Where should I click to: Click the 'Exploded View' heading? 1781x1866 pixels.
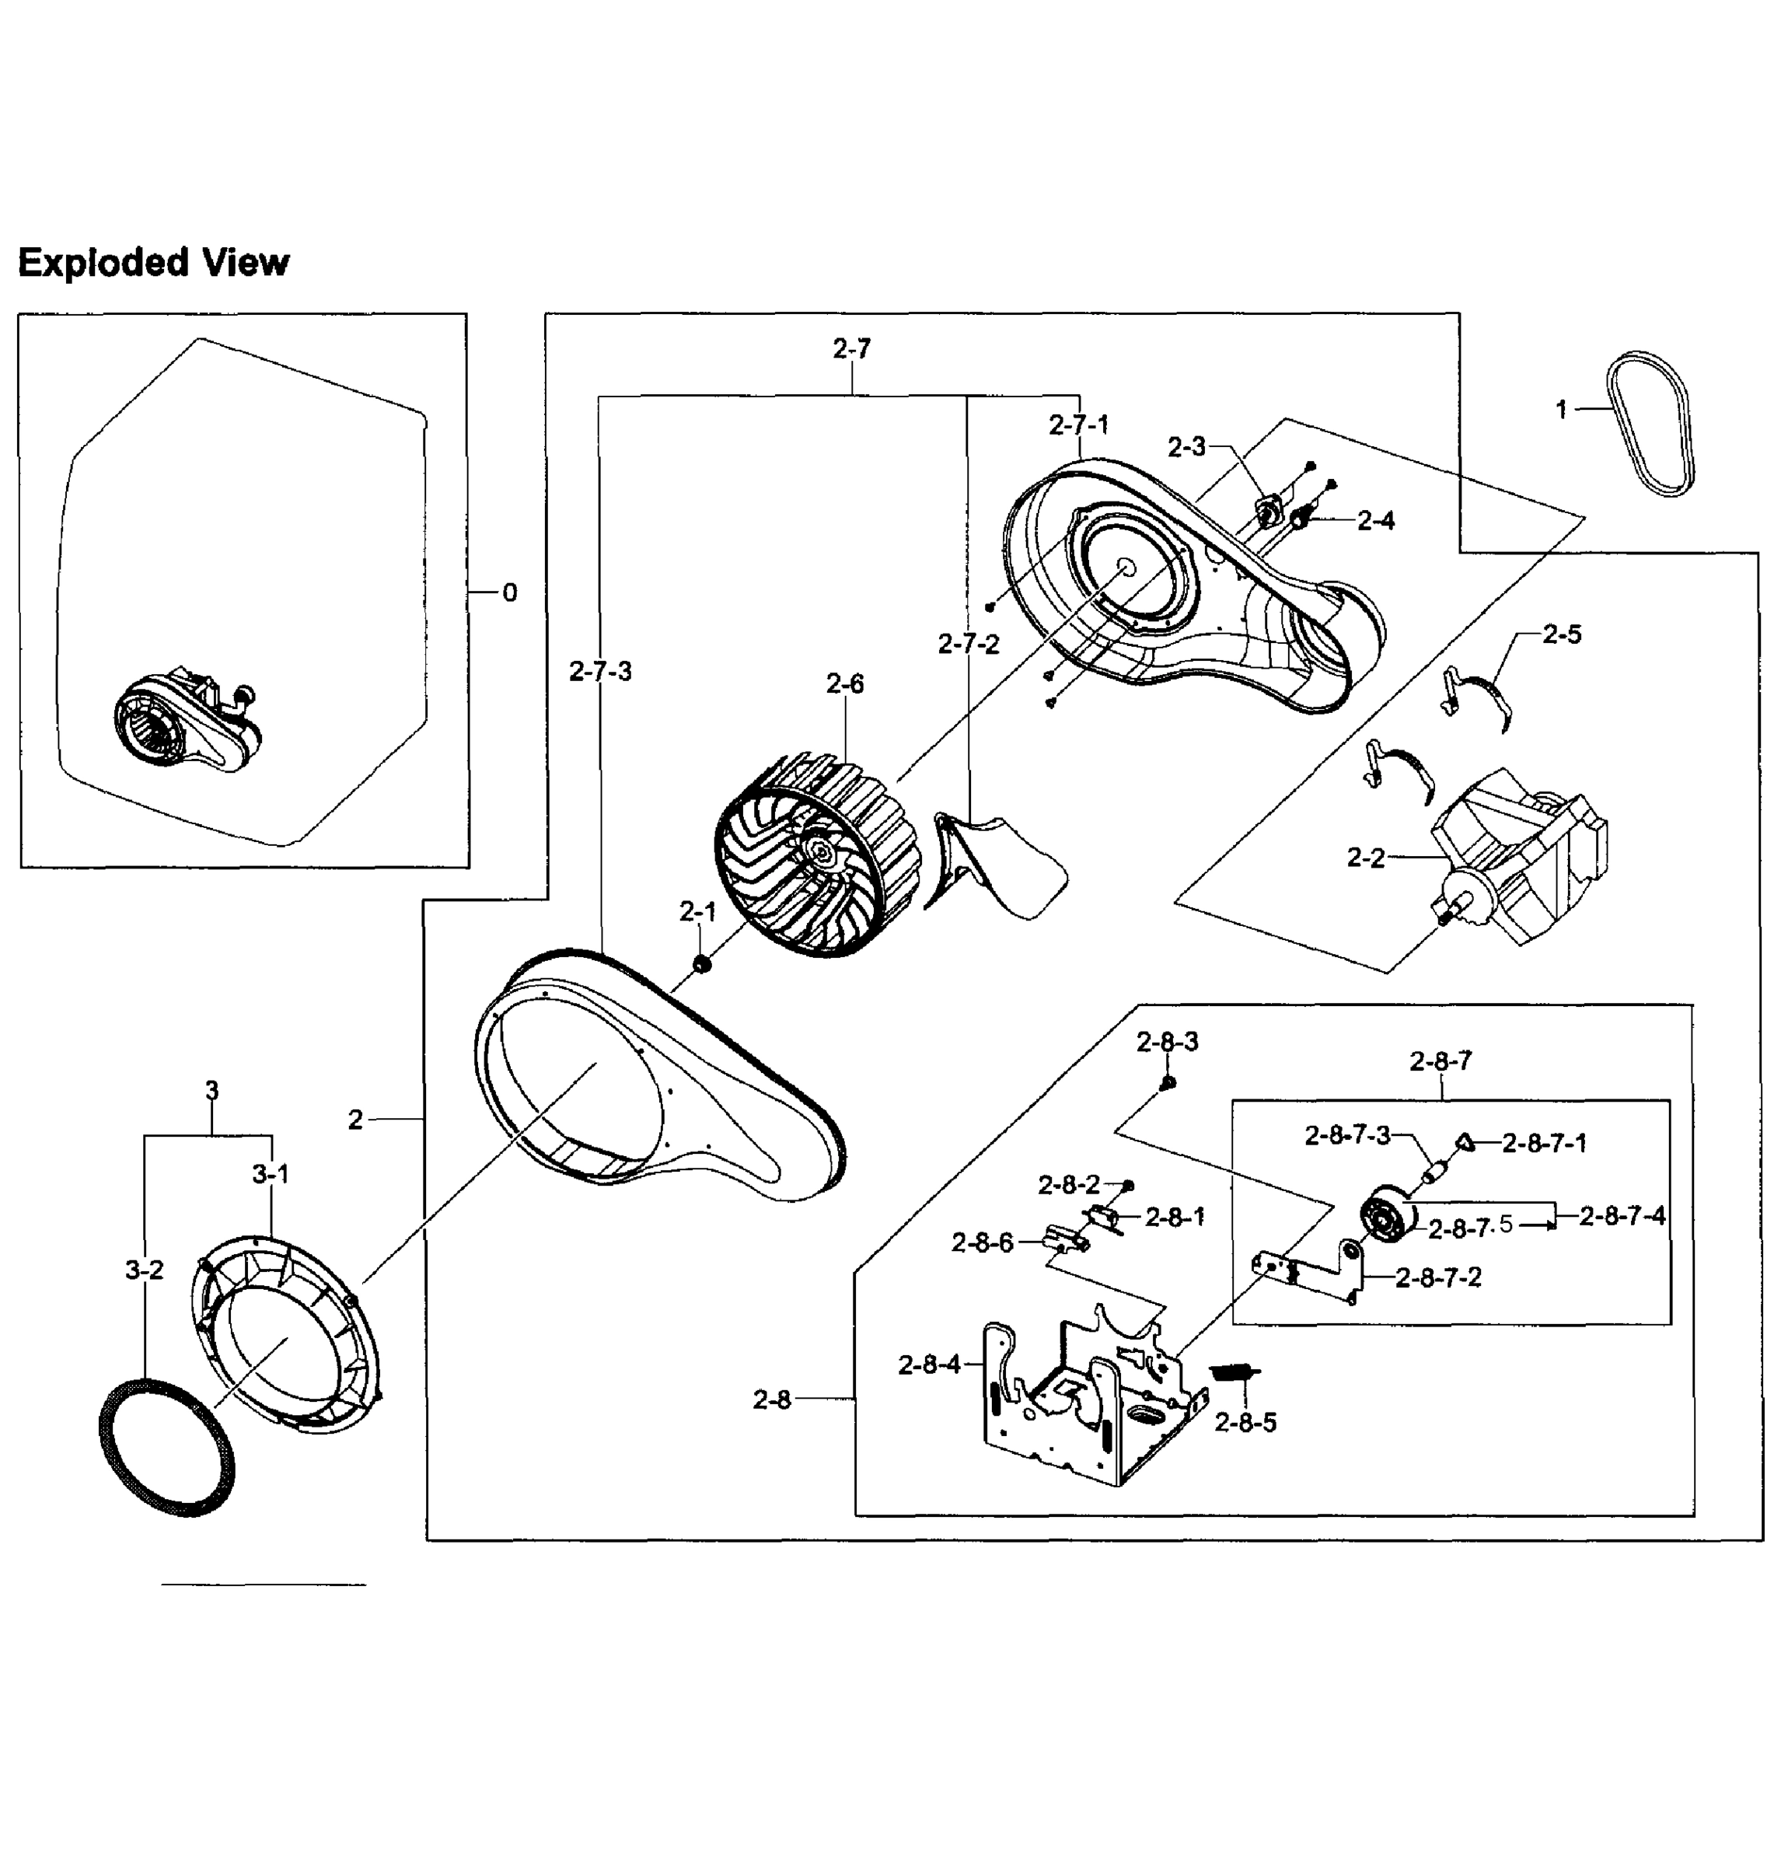click(x=153, y=262)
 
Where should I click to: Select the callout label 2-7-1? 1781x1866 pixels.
click(x=1078, y=425)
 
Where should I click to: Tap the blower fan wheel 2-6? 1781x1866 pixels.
click(x=816, y=854)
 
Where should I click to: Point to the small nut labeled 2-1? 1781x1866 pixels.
click(x=700, y=965)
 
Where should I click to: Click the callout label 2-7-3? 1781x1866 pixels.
click(x=600, y=672)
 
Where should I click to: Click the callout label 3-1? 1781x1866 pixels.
click(x=271, y=1175)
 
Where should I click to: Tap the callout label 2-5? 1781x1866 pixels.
click(x=1562, y=634)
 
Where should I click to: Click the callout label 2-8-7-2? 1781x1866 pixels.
click(x=1438, y=1277)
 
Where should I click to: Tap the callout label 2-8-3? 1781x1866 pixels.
click(x=1167, y=1042)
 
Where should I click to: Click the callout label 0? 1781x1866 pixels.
click(x=510, y=592)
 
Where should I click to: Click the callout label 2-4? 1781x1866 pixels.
click(x=1376, y=520)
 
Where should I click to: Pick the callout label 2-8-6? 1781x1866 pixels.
click(x=983, y=1242)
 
